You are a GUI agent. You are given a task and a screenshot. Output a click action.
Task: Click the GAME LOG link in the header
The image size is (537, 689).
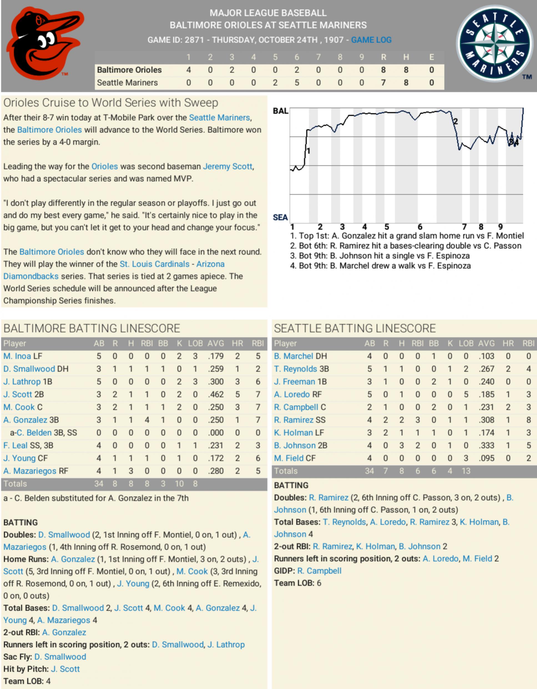(x=371, y=40)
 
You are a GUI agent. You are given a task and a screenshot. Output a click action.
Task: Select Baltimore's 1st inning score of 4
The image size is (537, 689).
(x=188, y=70)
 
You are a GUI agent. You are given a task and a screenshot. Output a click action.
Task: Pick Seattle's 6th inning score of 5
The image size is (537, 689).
(x=297, y=83)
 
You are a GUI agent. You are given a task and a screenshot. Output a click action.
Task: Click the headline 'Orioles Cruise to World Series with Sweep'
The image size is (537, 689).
(x=111, y=103)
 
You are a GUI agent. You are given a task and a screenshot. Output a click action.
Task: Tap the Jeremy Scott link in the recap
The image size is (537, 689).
(x=227, y=166)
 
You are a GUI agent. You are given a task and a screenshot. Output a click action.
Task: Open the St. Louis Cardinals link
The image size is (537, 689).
(x=155, y=264)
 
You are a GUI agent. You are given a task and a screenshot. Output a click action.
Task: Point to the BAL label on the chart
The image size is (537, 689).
(x=281, y=111)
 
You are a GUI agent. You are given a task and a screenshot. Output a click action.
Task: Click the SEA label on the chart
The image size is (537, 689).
(x=280, y=217)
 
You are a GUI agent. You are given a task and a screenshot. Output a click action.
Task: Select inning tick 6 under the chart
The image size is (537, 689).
(x=420, y=227)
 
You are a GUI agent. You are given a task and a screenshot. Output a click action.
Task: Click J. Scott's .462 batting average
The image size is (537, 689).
(x=216, y=394)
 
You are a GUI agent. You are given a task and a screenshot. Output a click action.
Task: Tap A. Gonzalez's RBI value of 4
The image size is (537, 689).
(x=147, y=420)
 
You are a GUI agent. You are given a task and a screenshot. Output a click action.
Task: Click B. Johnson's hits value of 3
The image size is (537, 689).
(x=401, y=445)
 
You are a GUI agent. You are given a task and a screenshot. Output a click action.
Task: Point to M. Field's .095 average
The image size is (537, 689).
(x=486, y=458)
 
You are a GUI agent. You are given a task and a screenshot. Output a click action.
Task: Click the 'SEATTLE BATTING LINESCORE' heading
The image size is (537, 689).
(x=355, y=329)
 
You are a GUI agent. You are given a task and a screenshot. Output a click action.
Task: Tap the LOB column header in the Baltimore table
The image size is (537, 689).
(x=195, y=344)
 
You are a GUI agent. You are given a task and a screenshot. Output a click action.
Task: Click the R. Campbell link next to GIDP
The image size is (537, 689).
(x=319, y=571)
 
